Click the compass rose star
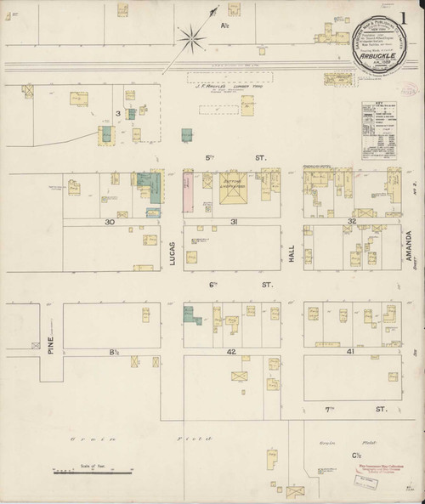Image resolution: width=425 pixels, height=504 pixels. coord(194,37)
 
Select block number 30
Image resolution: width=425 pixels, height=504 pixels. coord(110,222)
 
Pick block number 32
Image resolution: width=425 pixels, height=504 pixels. coord(352,222)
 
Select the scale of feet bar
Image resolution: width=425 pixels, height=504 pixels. coord(93,469)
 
